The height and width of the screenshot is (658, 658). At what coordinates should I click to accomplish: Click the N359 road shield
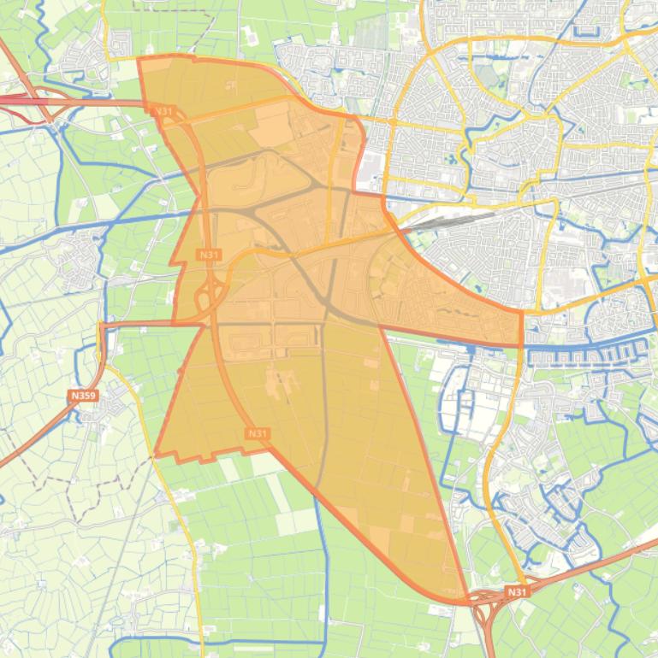click(x=83, y=396)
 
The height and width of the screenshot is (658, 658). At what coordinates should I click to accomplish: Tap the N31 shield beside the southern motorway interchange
click(x=516, y=591)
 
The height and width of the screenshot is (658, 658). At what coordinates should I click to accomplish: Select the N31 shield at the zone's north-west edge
click(x=163, y=111)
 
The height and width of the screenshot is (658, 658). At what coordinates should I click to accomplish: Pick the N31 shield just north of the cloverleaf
click(x=208, y=255)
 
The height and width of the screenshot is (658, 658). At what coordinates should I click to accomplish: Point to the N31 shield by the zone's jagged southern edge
click(x=257, y=434)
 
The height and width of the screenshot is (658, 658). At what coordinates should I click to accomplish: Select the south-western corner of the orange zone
click(x=156, y=454)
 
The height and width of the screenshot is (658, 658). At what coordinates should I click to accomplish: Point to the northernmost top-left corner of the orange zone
click(x=139, y=59)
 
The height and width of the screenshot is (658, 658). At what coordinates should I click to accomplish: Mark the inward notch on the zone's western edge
click(x=199, y=197)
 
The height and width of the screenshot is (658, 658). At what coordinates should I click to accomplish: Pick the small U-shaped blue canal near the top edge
click(x=590, y=26)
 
